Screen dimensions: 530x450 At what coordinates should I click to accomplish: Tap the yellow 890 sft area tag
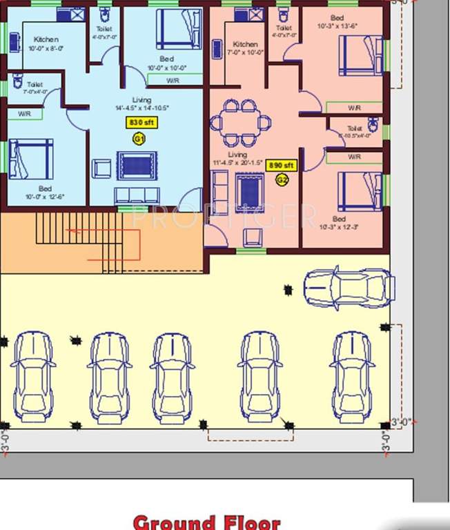click(282, 166)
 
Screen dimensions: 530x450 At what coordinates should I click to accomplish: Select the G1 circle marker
click(139, 138)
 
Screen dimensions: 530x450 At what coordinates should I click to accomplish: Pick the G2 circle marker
click(282, 180)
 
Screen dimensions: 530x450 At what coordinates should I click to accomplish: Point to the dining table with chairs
click(240, 122)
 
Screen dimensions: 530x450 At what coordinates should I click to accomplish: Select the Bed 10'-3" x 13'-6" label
click(336, 22)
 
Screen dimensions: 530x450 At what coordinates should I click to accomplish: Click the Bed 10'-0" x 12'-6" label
click(45, 193)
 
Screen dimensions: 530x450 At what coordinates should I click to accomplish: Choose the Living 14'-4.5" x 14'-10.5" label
click(141, 104)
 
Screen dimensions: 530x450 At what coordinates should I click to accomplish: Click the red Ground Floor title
click(206, 522)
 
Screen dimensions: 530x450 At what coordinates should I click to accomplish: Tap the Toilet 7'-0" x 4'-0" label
click(35, 88)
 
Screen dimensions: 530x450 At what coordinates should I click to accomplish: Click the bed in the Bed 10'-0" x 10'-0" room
click(179, 29)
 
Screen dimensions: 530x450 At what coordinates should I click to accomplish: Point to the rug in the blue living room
click(137, 166)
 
